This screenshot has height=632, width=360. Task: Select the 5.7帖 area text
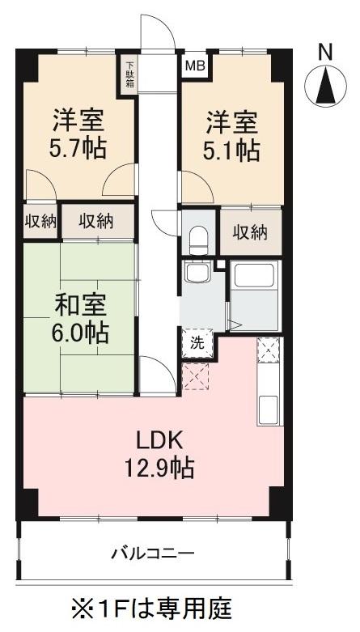[78, 150]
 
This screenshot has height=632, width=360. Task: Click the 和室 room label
[78, 308]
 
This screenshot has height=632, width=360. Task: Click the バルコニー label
[152, 554]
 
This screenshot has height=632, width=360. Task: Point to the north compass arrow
[325, 83]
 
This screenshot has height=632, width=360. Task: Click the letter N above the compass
[325, 51]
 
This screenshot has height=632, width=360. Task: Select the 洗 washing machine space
[197, 342]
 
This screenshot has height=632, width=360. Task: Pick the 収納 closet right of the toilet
[251, 232]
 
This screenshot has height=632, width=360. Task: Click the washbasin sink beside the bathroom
[197, 273]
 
